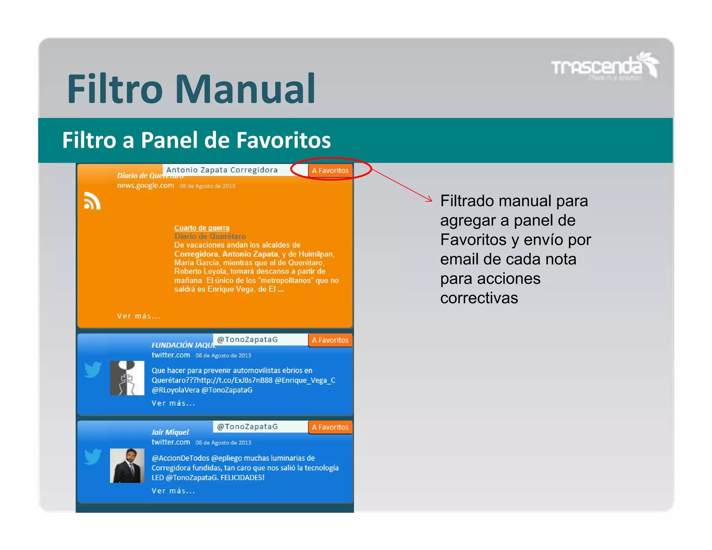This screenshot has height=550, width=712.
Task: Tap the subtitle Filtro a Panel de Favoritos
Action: tap(196, 140)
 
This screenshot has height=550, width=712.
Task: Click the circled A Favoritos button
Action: tap(330, 170)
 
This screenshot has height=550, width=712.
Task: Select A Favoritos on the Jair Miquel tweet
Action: tap(330, 427)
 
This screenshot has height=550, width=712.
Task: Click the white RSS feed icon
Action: tap(92, 201)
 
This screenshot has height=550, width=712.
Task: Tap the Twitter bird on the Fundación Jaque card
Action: tap(93, 370)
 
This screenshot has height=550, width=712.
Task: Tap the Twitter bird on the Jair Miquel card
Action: tap(93, 456)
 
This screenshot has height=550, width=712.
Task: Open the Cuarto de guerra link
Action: tap(202, 228)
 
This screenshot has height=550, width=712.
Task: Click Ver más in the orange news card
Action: tap(139, 316)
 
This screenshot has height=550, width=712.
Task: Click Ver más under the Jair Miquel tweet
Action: tap(173, 491)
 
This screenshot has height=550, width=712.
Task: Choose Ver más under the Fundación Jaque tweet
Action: tap(173, 403)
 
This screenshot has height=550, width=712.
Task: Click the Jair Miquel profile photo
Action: tap(127, 466)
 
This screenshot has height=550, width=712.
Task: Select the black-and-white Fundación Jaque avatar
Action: tap(127, 378)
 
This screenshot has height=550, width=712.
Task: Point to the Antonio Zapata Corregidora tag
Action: tap(222, 170)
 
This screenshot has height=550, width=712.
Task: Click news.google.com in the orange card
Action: tap(145, 185)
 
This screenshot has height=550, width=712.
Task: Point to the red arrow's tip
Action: tap(432, 201)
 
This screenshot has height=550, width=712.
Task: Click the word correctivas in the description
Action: tap(479, 298)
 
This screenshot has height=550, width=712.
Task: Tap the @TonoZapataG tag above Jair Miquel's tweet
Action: tap(247, 427)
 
